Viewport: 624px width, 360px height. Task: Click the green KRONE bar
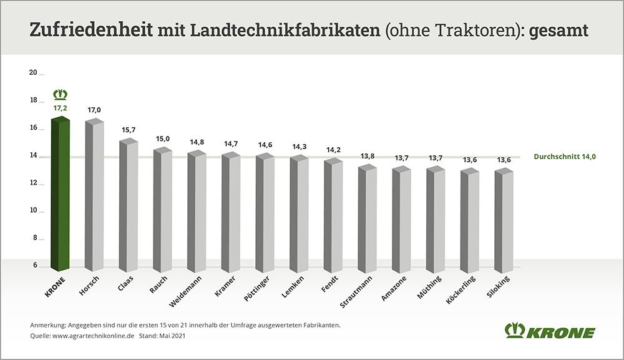tap(60, 193)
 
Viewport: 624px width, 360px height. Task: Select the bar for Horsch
tap(94, 197)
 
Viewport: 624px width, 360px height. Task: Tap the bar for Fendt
tap(333, 215)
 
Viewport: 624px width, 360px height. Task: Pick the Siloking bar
tap(504, 221)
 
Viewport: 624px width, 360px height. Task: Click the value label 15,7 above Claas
tap(129, 130)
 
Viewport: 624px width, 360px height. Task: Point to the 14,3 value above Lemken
tap(300, 147)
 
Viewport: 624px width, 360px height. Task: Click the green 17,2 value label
tap(61, 108)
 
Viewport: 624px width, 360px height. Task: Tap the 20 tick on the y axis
tap(34, 72)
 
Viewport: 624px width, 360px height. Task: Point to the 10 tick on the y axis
tap(34, 211)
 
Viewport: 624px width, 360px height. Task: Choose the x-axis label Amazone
tap(395, 286)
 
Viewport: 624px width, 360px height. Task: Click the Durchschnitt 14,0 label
tap(565, 157)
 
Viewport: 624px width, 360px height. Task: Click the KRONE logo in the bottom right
tap(550, 331)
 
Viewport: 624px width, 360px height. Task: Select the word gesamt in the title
tap(559, 30)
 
